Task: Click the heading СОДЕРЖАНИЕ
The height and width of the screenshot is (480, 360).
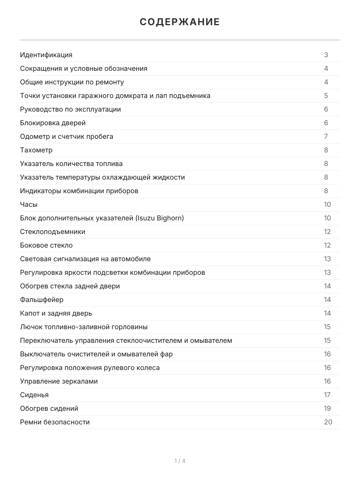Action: (x=180, y=22)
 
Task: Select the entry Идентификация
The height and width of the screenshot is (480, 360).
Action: (x=46, y=55)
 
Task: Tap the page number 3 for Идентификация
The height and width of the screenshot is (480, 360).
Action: (x=326, y=55)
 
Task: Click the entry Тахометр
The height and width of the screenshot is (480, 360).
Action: (x=36, y=150)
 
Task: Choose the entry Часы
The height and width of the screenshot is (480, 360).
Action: (x=29, y=204)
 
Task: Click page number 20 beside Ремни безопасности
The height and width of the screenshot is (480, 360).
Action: (x=328, y=422)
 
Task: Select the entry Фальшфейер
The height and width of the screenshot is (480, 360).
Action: (x=42, y=300)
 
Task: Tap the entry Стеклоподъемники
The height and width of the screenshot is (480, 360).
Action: (x=53, y=232)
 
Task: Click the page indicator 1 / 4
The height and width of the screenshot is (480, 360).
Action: (x=180, y=461)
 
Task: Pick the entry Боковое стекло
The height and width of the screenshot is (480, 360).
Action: (x=46, y=245)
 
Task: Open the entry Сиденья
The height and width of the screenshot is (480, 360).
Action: (x=34, y=395)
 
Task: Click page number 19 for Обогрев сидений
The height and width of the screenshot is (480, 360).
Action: (x=328, y=408)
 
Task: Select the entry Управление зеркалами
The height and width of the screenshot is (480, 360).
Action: (x=59, y=381)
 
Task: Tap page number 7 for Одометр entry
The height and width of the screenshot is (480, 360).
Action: (x=326, y=136)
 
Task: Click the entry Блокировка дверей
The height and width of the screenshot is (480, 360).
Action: (x=53, y=123)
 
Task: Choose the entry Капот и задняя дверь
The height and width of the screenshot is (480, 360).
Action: (x=56, y=313)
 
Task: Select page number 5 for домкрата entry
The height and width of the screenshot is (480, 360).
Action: (x=326, y=96)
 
